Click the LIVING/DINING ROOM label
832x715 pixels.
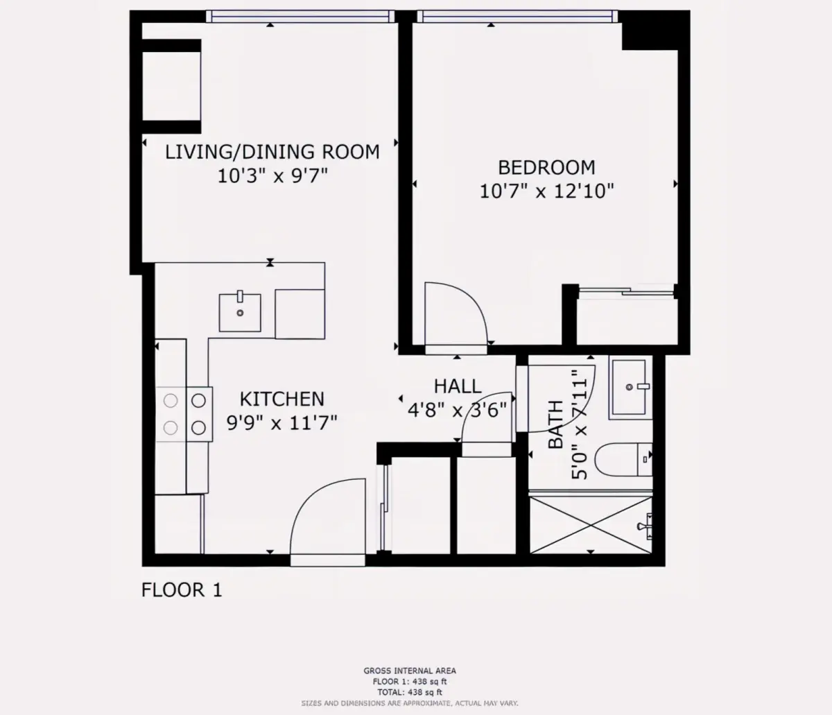click(x=272, y=152)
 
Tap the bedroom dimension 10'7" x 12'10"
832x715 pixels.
click(x=546, y=191)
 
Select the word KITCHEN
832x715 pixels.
click(x=281, y=399)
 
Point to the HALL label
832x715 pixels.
click(x=458, y=386)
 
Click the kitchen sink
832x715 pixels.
click(x=240, y=312)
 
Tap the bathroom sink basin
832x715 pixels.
click(x=630, y=387)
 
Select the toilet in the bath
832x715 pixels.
click(x=623, y=459)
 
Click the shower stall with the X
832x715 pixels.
click(x=591, y=525)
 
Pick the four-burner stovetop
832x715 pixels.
click(x=184, y=414)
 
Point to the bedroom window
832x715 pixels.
click(x=517, y=17)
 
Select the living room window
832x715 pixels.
click(x=300, y=17)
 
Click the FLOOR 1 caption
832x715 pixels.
click(x=182, y=590)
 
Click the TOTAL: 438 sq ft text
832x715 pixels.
click(x=410, y=692)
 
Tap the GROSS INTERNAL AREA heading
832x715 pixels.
click(x=410, y=671)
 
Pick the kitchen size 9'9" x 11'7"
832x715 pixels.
click(x=281, y=423)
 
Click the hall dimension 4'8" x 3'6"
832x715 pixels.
click(x=458, y=411)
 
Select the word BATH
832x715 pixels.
click(x=556, y=424)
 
